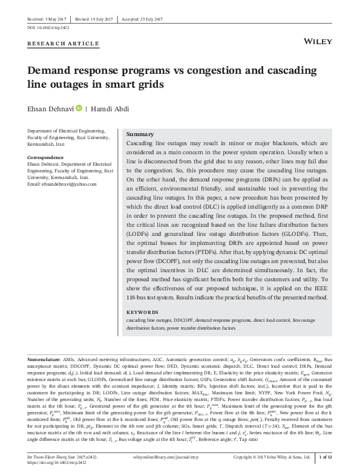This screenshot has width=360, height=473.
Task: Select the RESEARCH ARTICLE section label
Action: (x=64, y=44)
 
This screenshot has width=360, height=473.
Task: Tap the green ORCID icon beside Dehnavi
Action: (x=77, y=108)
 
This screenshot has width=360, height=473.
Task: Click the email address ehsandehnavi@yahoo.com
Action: (x=62, y=184)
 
